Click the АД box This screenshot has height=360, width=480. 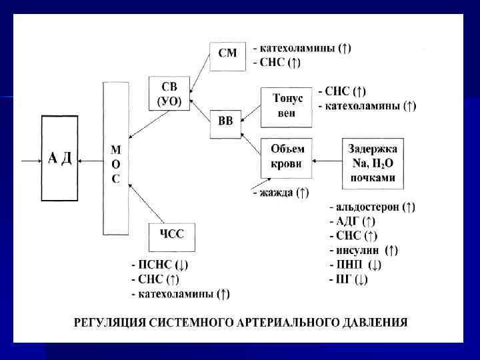[x=61, y=157]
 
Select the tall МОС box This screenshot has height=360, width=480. [x=115, y=159]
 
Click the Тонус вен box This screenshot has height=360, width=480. [x=287, y=106]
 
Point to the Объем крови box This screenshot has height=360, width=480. [x=287, y=157]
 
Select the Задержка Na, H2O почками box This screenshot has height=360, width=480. [x=371, y=161]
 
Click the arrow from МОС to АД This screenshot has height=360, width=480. [x=92, y=160]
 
